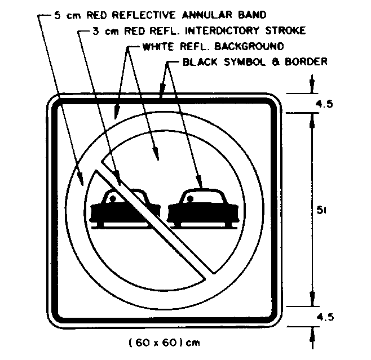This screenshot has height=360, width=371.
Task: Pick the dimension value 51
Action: click(x=322, y=210)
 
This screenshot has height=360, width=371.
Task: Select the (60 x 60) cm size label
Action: click(x=164, y=342)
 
